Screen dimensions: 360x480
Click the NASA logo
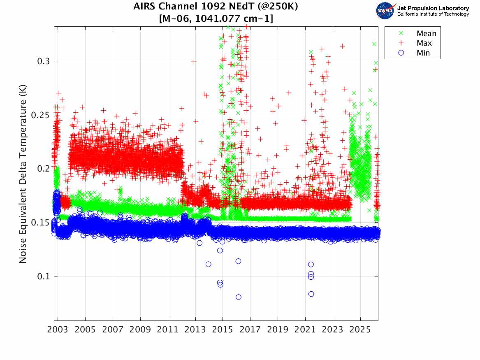coord(386,10)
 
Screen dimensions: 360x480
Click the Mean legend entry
coord(426,34)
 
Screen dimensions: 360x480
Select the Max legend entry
coord(424,43)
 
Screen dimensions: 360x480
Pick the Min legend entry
coord(423,53)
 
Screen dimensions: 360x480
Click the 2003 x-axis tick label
coord(58,330)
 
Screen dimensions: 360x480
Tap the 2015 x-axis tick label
coord(223,330)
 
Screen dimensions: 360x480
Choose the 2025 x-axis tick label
coord(360,330)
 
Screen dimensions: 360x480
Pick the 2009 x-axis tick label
coord(140,330)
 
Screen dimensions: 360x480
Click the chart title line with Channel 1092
coord(216,7)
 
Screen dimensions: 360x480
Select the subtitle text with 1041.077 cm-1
coord(216,18)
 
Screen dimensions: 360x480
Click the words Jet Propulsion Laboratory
coord(433,8)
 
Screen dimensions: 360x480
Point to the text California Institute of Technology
coord(433,14)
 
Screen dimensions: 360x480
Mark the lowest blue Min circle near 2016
coord(238,297)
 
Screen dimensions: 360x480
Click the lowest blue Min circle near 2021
coord(311,294)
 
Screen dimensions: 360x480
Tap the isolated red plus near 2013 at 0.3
coord(194,62)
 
